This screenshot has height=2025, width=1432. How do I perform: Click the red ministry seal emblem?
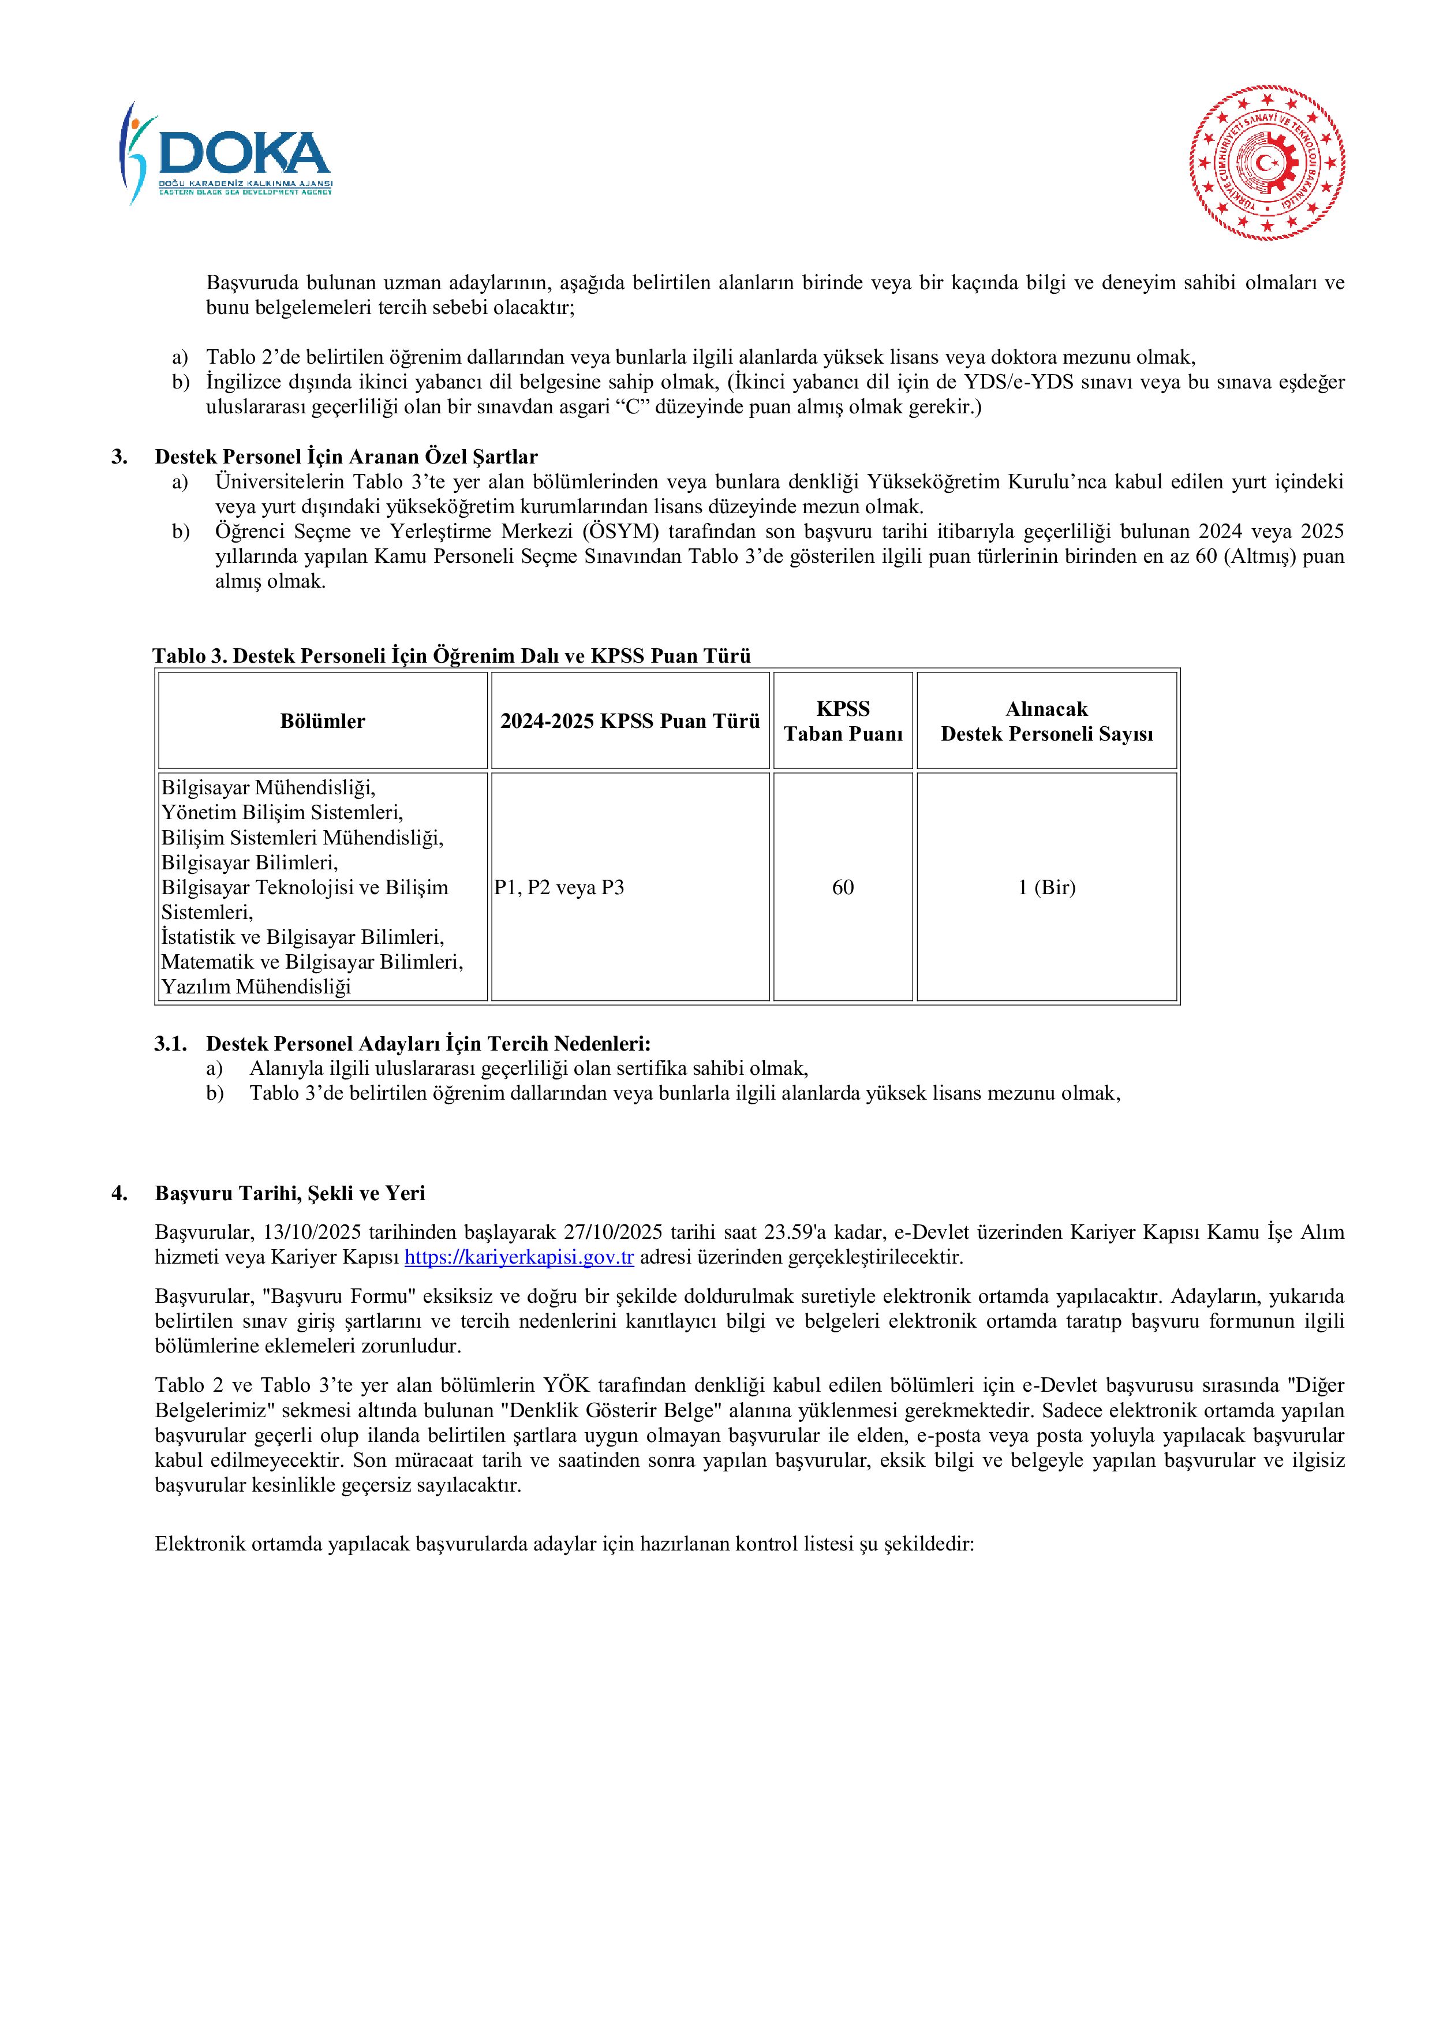[x=1267, y=163]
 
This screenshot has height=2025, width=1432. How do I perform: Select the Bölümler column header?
[x=323, y=722]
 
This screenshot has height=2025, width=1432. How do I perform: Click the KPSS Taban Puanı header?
[x=843, y=722]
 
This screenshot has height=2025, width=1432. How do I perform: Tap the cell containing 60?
[x=843, y=887]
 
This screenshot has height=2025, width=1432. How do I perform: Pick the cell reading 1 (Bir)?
[x=1046, y=887]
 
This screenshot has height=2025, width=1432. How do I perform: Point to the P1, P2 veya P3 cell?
[x=559, y=887]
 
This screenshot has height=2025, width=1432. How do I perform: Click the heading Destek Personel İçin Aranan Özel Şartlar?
[x=346, y=457]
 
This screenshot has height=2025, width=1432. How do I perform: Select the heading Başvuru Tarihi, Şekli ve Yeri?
[x=290, y=1193]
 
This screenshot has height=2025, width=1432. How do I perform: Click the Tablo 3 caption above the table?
[x=451, y=655]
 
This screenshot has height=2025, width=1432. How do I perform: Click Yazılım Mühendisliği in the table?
[x=256, y=987]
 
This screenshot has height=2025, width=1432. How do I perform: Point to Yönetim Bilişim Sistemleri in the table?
[x=282, y=812]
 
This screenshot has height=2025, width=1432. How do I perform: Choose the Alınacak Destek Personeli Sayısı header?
[x=1046, y=722]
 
